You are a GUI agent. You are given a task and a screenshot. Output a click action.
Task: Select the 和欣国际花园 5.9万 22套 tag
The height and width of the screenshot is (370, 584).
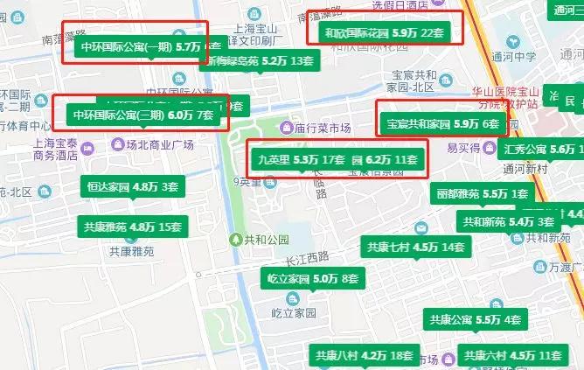click(x=379, y=33)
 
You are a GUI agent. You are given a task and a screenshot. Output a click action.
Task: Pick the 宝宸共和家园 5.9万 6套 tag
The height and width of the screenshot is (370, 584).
click(x=442, y=124)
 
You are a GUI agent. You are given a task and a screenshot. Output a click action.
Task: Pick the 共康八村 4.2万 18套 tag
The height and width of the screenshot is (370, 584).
click(x=363, y=356)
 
